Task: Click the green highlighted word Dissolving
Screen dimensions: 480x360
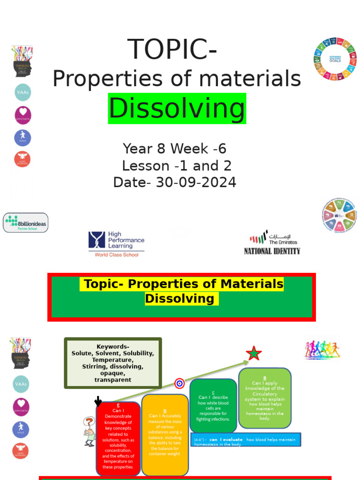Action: (177, 109)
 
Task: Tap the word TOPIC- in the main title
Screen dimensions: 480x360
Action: (172, 49)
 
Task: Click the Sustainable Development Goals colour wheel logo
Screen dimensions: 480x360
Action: (335, 59)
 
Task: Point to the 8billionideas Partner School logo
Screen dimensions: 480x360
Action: (26, 223)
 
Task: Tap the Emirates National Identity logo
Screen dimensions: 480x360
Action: (272, 242)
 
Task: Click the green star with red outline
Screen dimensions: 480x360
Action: (254, 353)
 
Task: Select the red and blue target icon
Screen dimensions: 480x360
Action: (180, 383)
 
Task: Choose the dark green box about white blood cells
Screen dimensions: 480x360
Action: (213, 405)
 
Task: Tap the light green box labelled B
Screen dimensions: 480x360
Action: (264, 398)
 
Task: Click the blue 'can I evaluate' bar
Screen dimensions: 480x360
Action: (246, 440)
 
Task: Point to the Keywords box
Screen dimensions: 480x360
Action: (112, 363)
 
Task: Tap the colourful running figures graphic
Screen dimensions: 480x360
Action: (322, 349)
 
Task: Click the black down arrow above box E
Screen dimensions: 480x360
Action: (98, 401)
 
